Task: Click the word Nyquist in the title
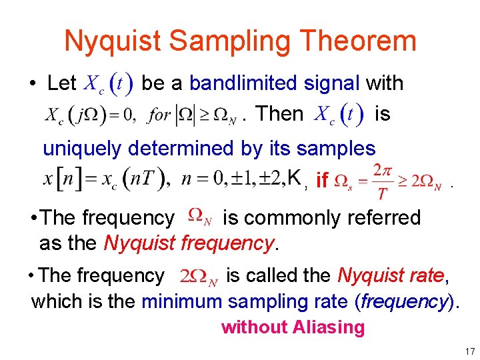(x=111, y=41)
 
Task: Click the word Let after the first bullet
(x=62, y=83)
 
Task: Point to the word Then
(x=279, y=113)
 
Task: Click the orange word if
(x=322, y=180)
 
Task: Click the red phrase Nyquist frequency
(x=189, y=243)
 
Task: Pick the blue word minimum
(x=181, y=301)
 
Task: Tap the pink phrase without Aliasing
(x=293, y=327)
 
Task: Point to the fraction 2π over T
(x=382, y=180)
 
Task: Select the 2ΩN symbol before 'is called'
(x=199, y=276)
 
